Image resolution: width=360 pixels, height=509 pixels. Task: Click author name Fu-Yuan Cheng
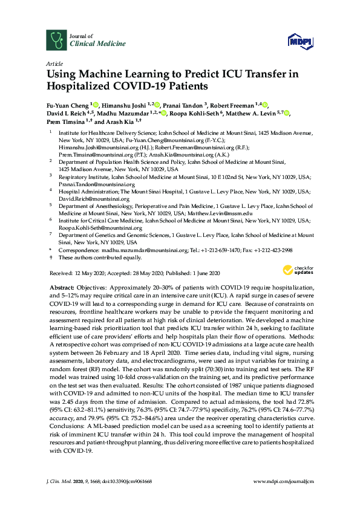pos(67,104)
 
